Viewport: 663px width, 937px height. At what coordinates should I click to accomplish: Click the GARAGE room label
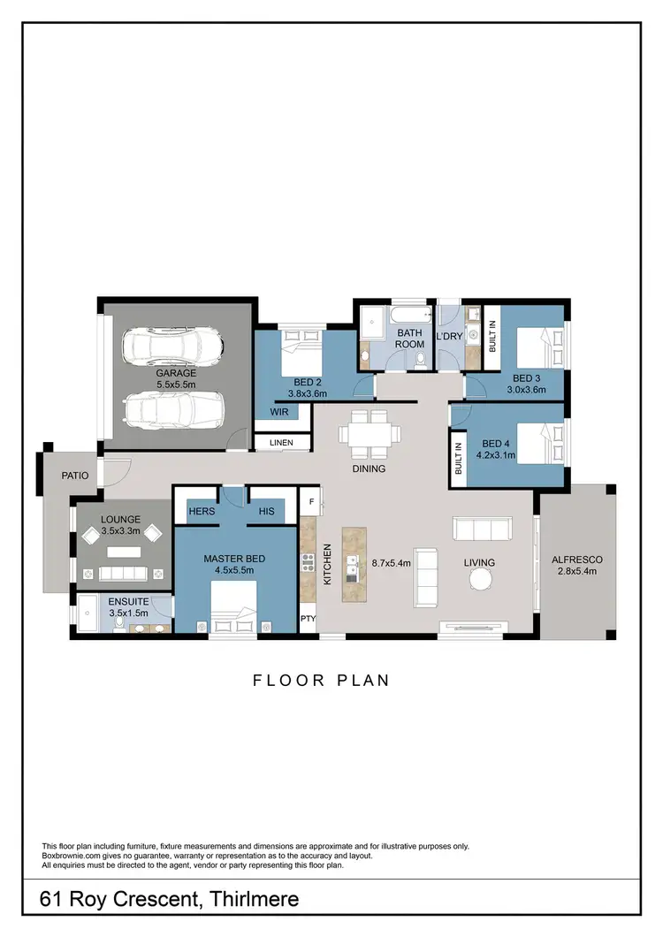177,373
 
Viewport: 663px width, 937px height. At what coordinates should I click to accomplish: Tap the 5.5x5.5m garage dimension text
177,385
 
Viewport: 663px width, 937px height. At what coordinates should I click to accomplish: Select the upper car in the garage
172,347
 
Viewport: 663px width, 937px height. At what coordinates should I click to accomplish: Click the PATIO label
74,476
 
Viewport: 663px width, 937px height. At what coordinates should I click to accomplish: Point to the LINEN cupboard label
281,442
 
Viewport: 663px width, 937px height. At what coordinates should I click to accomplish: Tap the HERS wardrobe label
202,511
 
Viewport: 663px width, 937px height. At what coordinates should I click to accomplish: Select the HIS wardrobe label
267,511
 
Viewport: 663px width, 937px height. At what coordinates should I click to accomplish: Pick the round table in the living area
482,578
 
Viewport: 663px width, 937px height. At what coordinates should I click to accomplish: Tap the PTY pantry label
308,619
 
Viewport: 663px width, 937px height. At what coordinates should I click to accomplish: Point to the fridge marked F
310,501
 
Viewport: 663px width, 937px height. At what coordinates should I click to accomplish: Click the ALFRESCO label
576,560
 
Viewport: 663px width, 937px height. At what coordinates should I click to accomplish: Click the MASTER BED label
233,559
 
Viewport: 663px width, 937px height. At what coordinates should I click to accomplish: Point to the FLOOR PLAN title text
321,680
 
